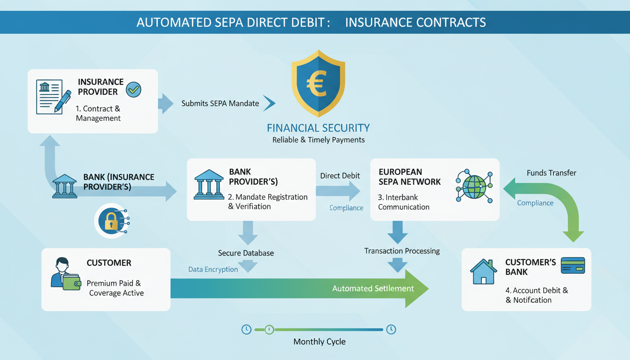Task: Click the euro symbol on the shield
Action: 318,83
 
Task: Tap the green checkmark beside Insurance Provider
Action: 134,89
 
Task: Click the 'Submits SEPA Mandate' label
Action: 220,103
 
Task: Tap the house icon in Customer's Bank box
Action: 483,272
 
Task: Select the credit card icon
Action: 573,265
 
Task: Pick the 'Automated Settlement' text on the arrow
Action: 373,288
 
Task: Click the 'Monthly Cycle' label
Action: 319,342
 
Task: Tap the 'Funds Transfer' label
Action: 551,173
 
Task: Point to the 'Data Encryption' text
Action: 213,270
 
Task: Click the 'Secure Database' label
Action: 246,253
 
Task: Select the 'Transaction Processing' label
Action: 402,251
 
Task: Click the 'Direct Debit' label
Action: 340,176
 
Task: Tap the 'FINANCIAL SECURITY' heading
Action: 318,128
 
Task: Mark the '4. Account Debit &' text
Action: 536,291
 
